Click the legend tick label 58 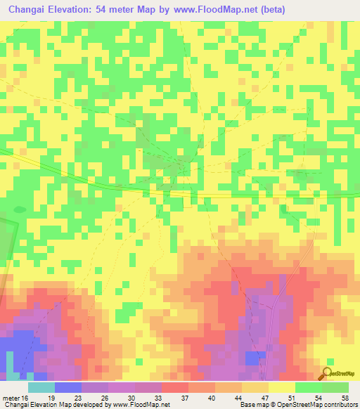point(345,398)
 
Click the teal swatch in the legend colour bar point(41,387)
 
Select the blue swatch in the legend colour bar point(68,387)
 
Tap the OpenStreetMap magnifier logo point(326,373)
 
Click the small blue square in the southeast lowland point(251,358)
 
